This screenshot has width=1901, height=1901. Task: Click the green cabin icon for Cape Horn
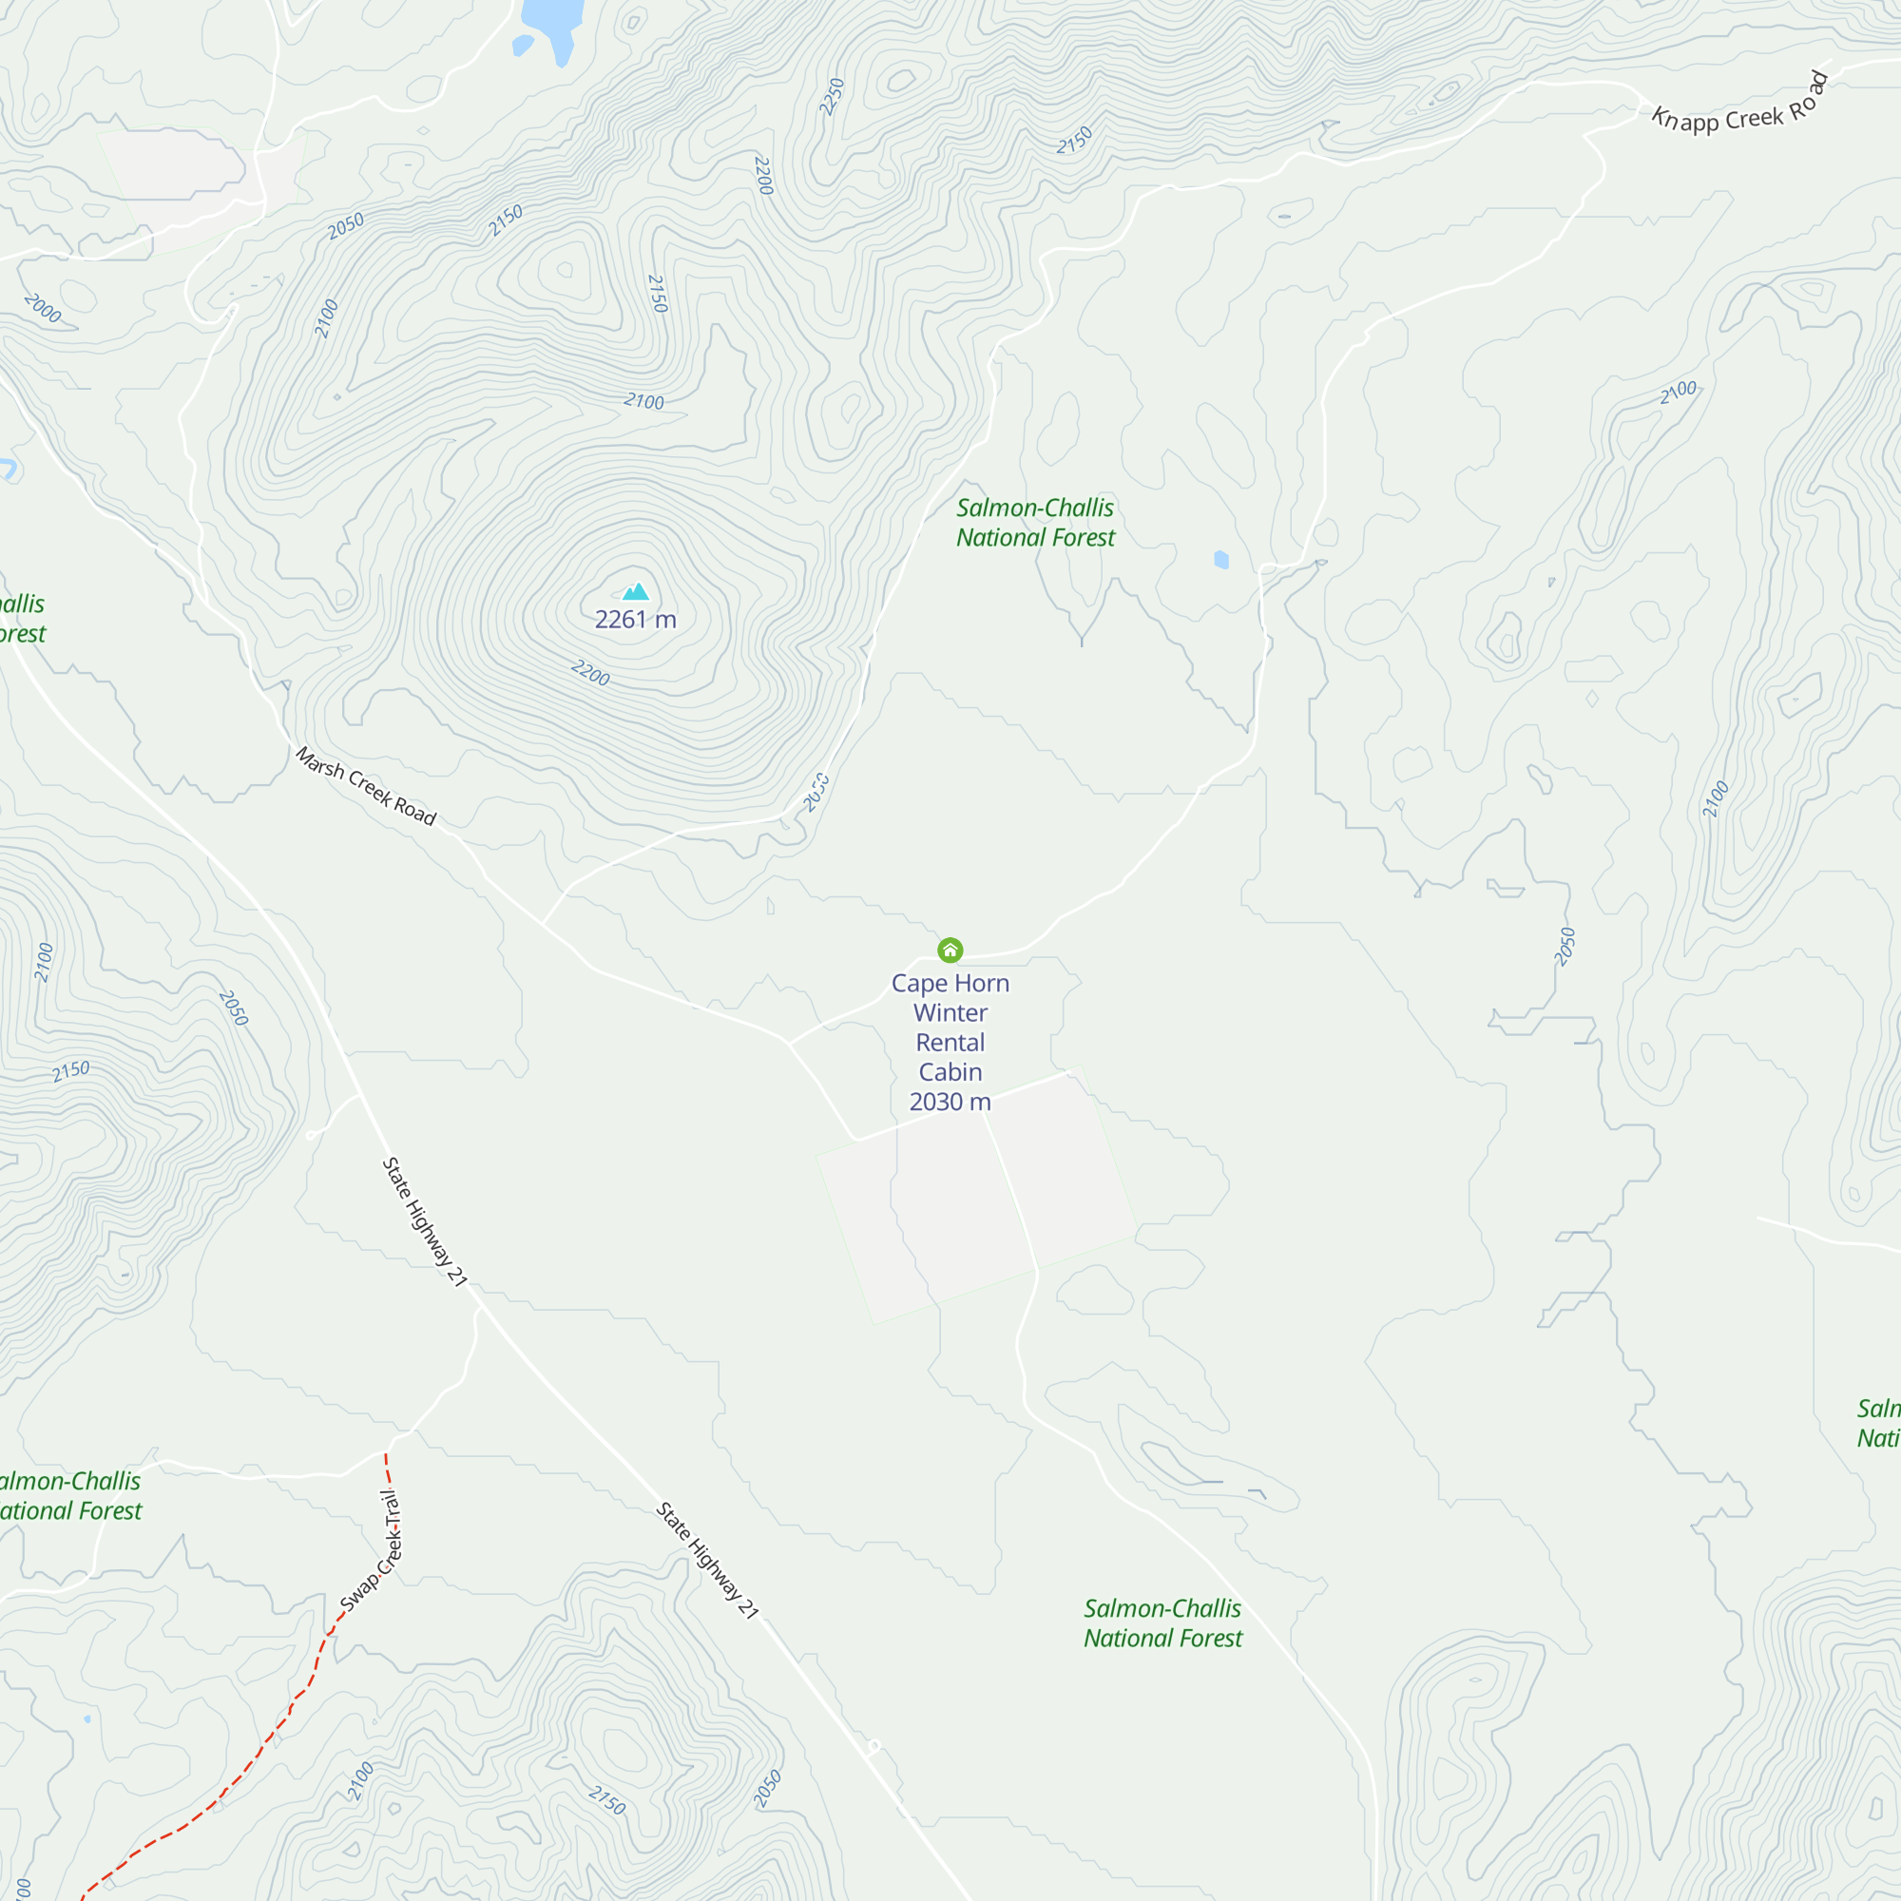click(950, 950)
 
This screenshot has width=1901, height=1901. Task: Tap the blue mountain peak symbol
click(636, 591)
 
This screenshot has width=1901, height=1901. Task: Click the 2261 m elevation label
click(636, 620)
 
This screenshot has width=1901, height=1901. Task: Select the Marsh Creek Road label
click(366, 786)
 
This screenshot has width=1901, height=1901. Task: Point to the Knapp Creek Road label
click(1739, 106)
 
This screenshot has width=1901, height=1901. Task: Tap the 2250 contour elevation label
click(833, 96)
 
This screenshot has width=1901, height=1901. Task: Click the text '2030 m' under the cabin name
click(950, 1101)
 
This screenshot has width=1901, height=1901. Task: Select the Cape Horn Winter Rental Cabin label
click(950, 1027)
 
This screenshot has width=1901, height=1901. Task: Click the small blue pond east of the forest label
click(1221, 560)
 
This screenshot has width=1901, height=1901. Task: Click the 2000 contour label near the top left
click(43, 309)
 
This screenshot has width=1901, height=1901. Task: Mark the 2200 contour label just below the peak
click(590, 673)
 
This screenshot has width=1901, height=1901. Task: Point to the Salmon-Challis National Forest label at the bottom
click(1162, 1623)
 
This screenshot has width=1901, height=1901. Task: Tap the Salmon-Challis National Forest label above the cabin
click(1035, 523)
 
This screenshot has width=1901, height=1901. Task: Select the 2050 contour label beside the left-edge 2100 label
click(233, 1008)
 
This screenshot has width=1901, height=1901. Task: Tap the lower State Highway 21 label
click(707, 1561)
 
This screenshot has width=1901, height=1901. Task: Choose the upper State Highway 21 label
click(424, 1221)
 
